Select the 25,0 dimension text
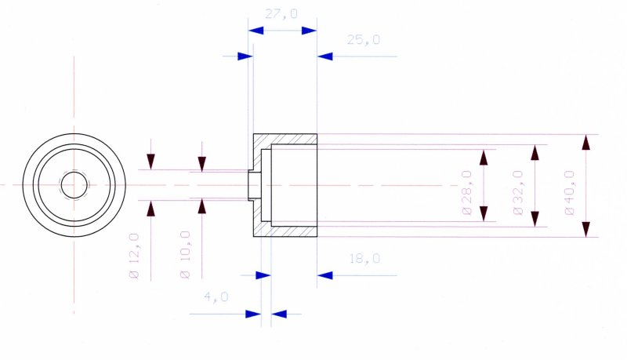[363, 39]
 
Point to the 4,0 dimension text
[216, 296]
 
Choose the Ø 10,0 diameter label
[186, 254]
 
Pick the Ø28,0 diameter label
[467, 192]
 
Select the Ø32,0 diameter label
[518, 192]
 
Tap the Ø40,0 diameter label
[570, 192]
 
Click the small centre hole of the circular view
[74, 185]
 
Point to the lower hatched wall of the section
[294, 231]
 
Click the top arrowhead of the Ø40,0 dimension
[585, 142]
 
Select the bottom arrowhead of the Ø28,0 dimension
[484, 214]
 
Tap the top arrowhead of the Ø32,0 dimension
[535, 152]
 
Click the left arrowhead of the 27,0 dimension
[256, 30]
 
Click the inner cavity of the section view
[294, 185]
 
